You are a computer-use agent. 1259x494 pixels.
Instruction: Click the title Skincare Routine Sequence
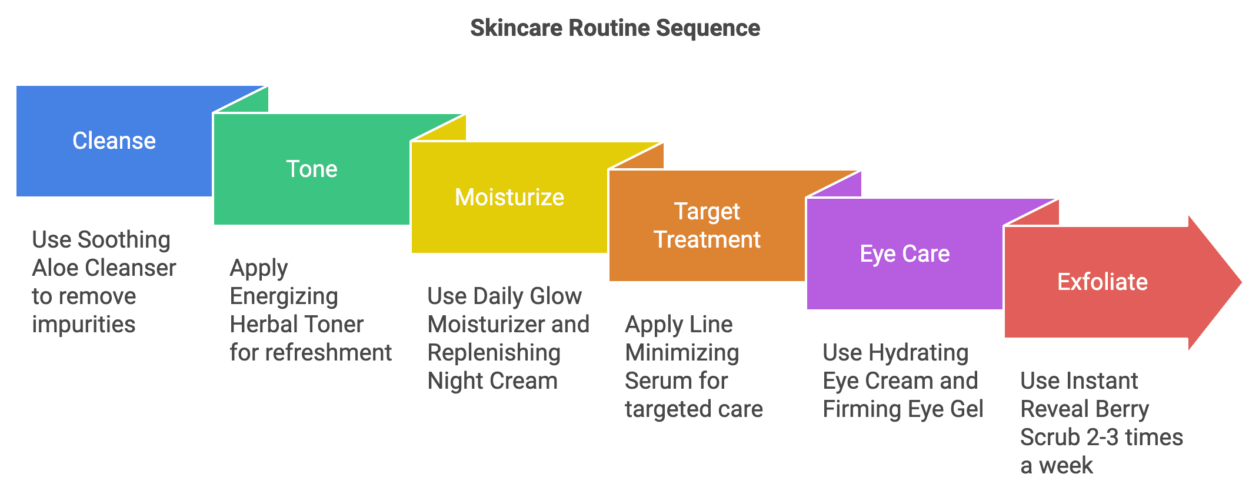pos(615,28)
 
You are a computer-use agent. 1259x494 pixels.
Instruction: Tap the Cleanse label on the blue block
pos(114,141)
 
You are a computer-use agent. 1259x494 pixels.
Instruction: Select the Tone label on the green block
pos(311,169)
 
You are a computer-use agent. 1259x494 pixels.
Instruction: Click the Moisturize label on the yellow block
pos(509,197)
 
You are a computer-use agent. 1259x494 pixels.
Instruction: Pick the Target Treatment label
pos(707,225)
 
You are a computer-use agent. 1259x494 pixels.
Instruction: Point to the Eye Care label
pos(904,253)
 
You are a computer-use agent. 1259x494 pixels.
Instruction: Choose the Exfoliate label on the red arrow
pos(1102,282)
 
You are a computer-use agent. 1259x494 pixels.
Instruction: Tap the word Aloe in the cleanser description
pos(55,268)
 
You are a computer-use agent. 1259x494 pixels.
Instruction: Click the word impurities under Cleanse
pos(84,325)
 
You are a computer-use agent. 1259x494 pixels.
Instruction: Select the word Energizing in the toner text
pos(284,296)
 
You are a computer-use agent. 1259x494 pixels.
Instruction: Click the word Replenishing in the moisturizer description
pos(494,353)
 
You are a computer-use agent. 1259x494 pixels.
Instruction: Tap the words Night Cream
pos(492,381)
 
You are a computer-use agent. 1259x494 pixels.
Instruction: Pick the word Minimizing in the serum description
pos(682,353)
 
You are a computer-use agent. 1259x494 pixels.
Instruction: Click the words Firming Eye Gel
pos(902,409)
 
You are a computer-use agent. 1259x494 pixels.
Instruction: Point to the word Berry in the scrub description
pos(1123,409)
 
